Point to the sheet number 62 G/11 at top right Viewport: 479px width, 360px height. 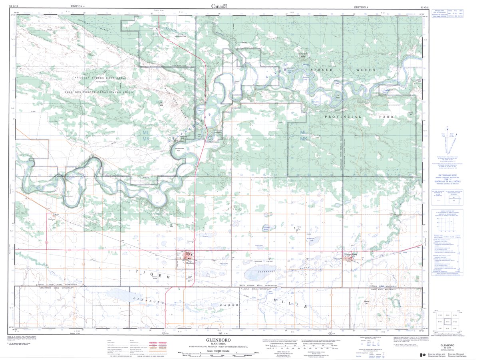[x=425, y=7]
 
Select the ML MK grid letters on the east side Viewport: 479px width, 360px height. [x=304, y=135]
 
